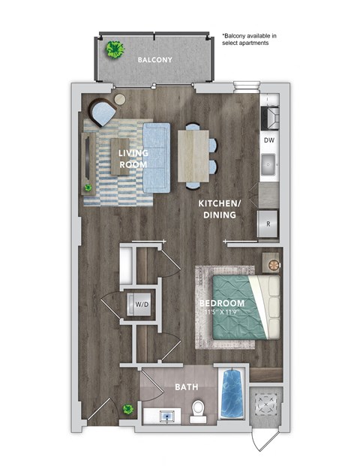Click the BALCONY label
154,59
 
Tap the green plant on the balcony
115,50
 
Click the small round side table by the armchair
121,98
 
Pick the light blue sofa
157,156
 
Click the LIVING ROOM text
133,158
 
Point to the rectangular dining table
193,156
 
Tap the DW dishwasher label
268,140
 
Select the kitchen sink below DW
268,162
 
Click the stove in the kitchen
269,116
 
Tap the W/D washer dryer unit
140,305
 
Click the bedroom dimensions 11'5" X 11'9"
234,312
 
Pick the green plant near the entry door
128,410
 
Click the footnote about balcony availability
250,39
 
